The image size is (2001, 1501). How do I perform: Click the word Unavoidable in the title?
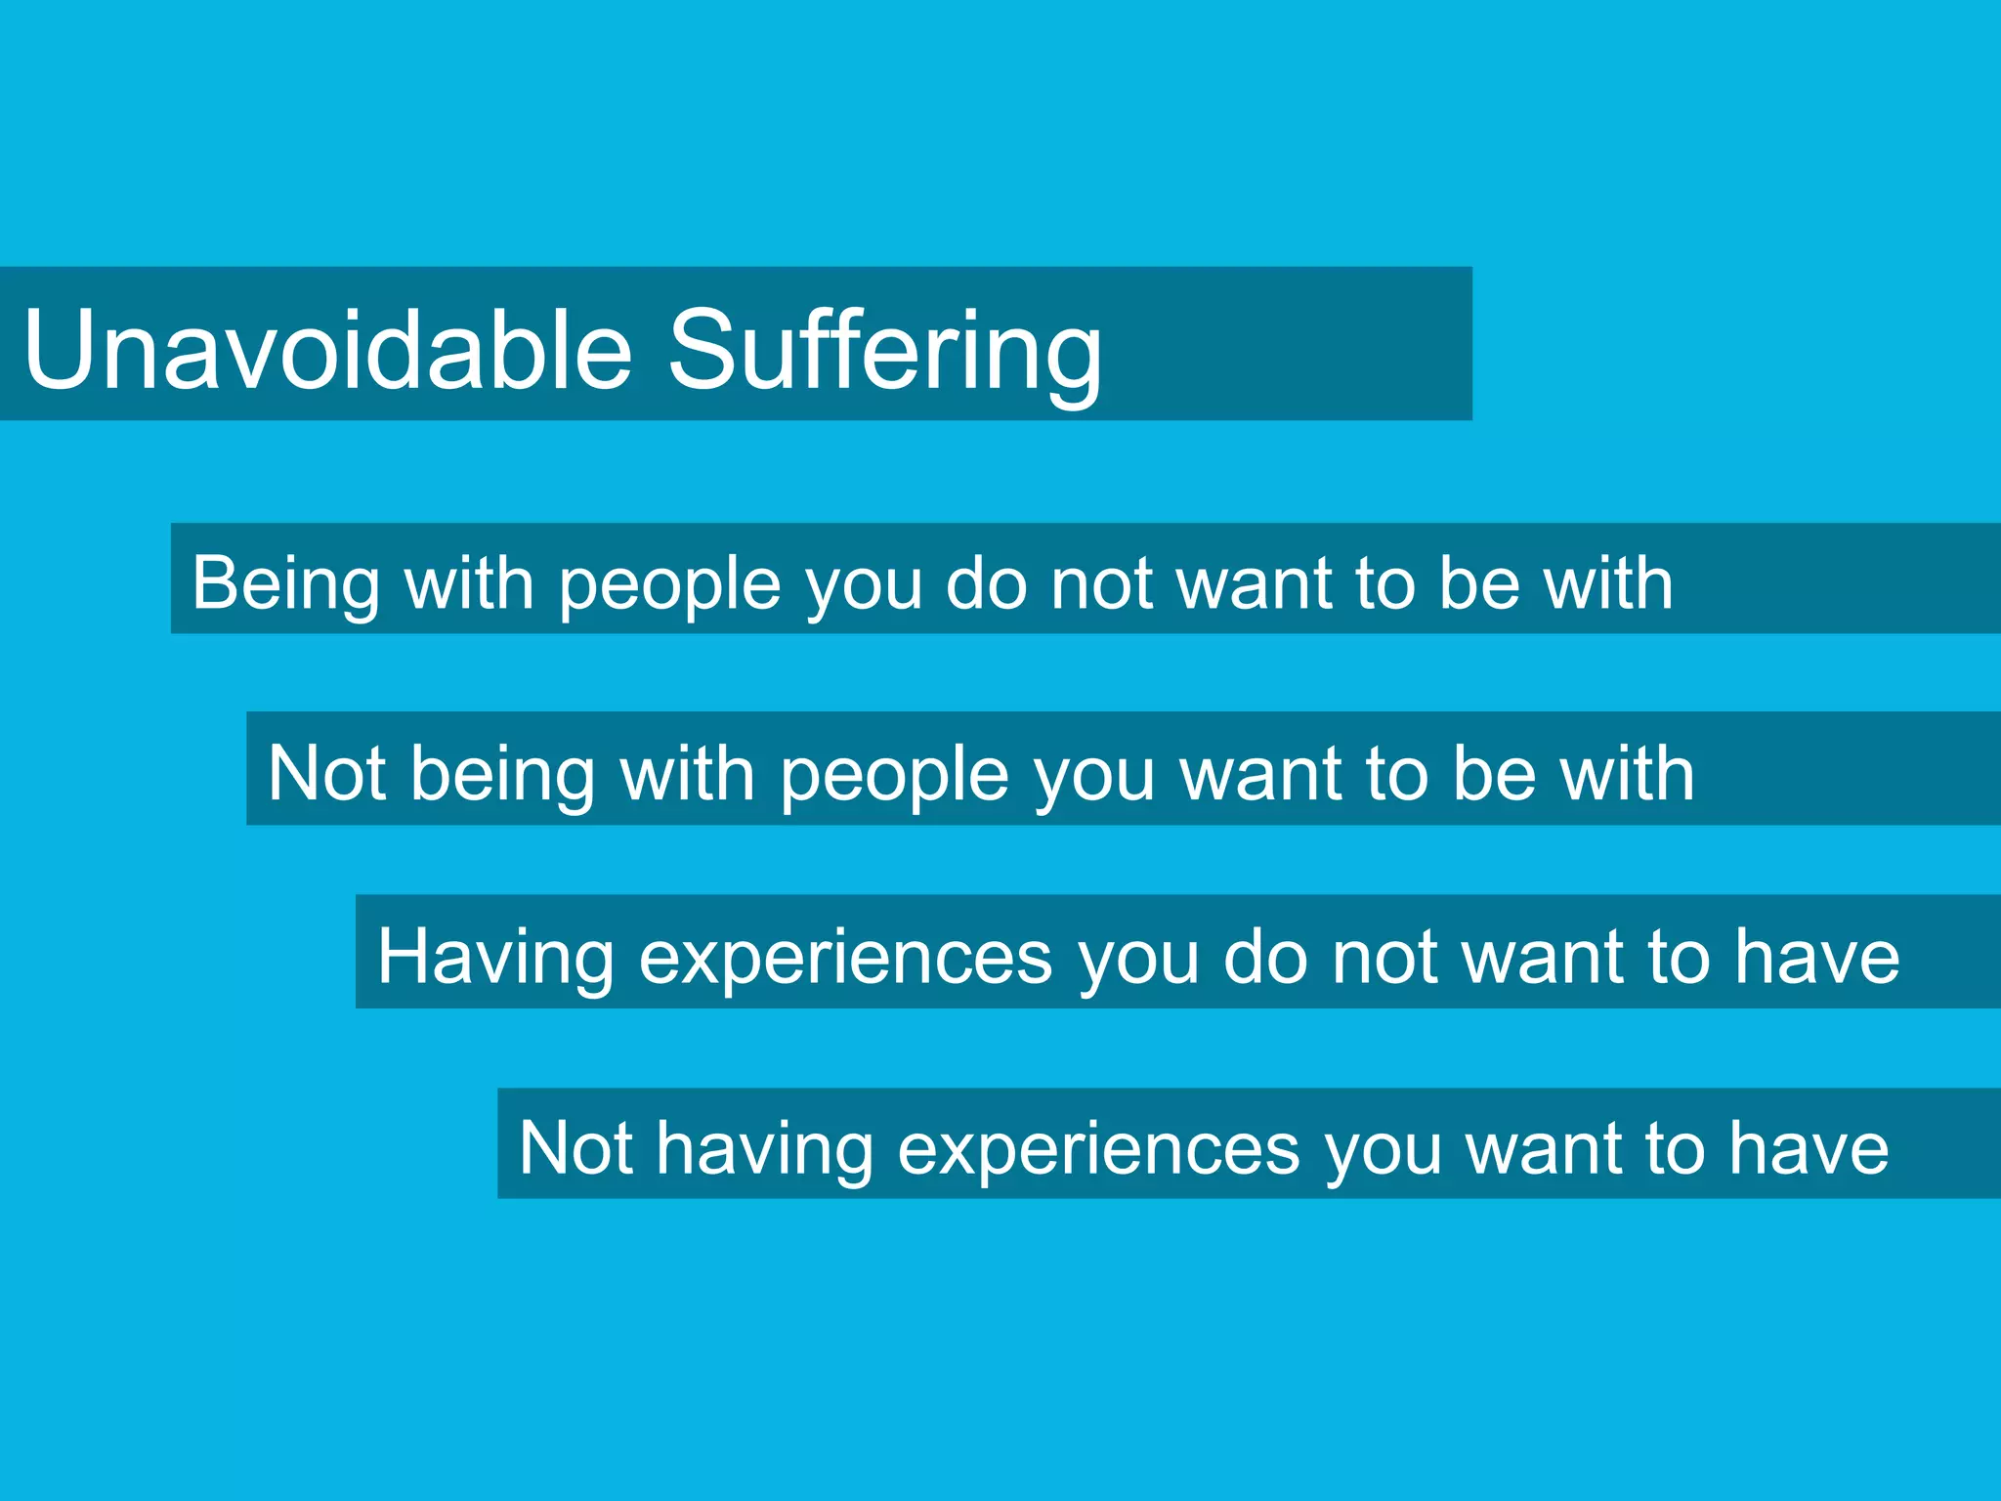[328, 349]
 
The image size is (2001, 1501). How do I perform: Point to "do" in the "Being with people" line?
[986, 583]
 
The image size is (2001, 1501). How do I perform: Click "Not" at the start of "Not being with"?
[326, 773]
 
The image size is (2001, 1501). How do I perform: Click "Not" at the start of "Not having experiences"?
[575, 1147]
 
